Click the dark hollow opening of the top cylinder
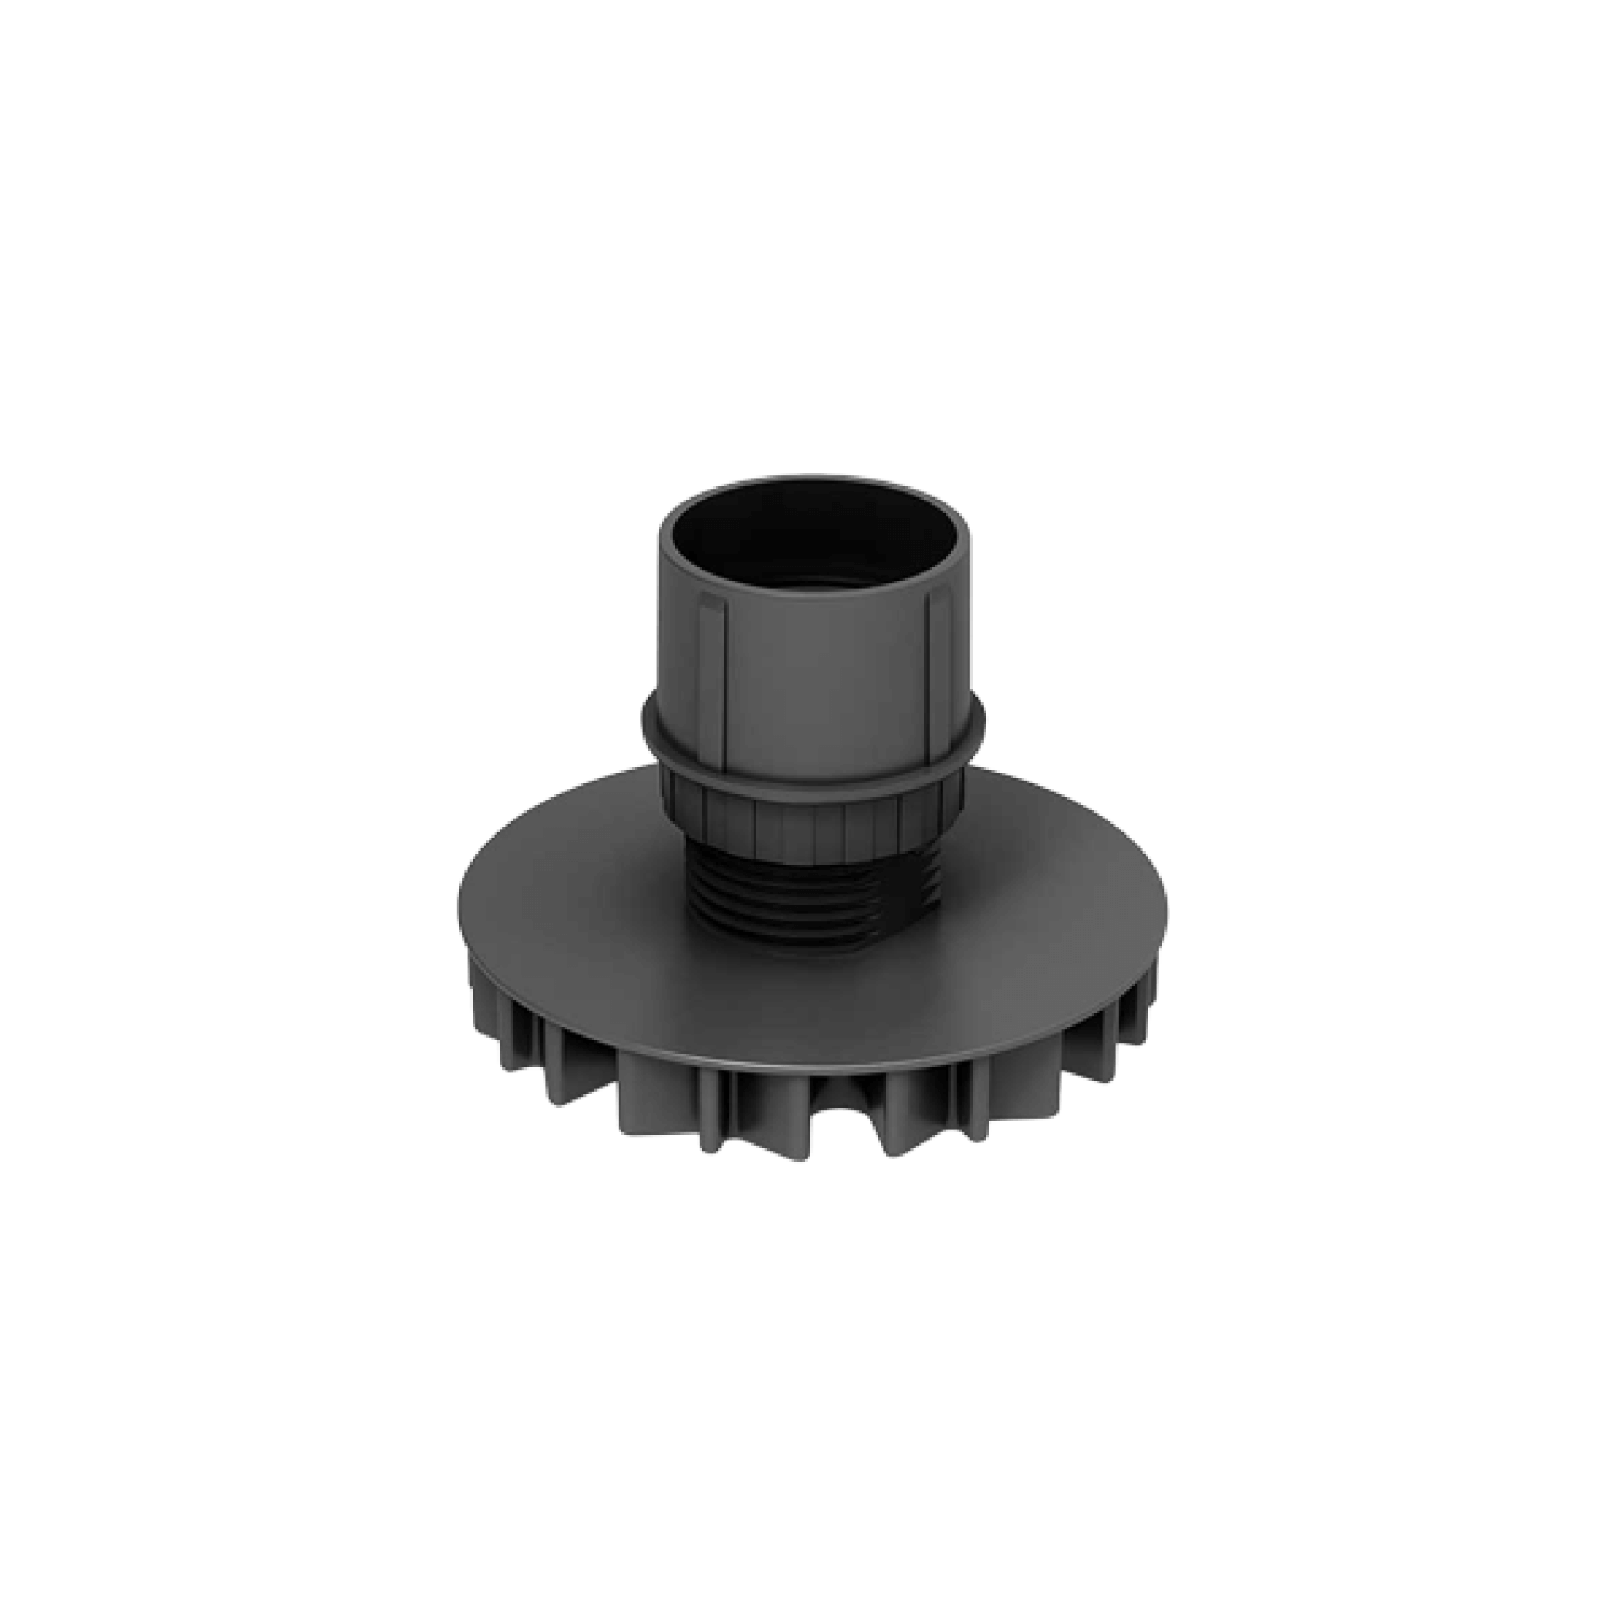pyautogui.click(x=812, y=540)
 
